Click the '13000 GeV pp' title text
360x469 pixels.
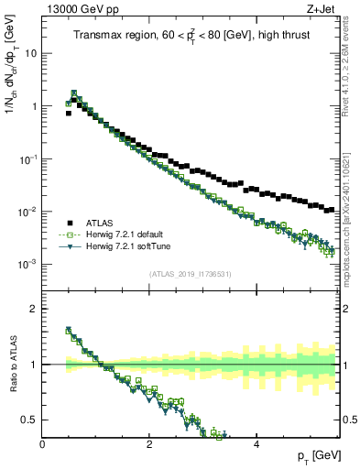(x=74, y=8)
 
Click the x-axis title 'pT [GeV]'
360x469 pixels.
(x=315, y=456)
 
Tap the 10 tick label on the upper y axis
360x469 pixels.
(x=31, y=53)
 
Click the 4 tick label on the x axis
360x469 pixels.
(x=256, y=445)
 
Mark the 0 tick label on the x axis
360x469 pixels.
(x=43, y=445)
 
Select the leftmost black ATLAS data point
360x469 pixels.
(x=68, y=114)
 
